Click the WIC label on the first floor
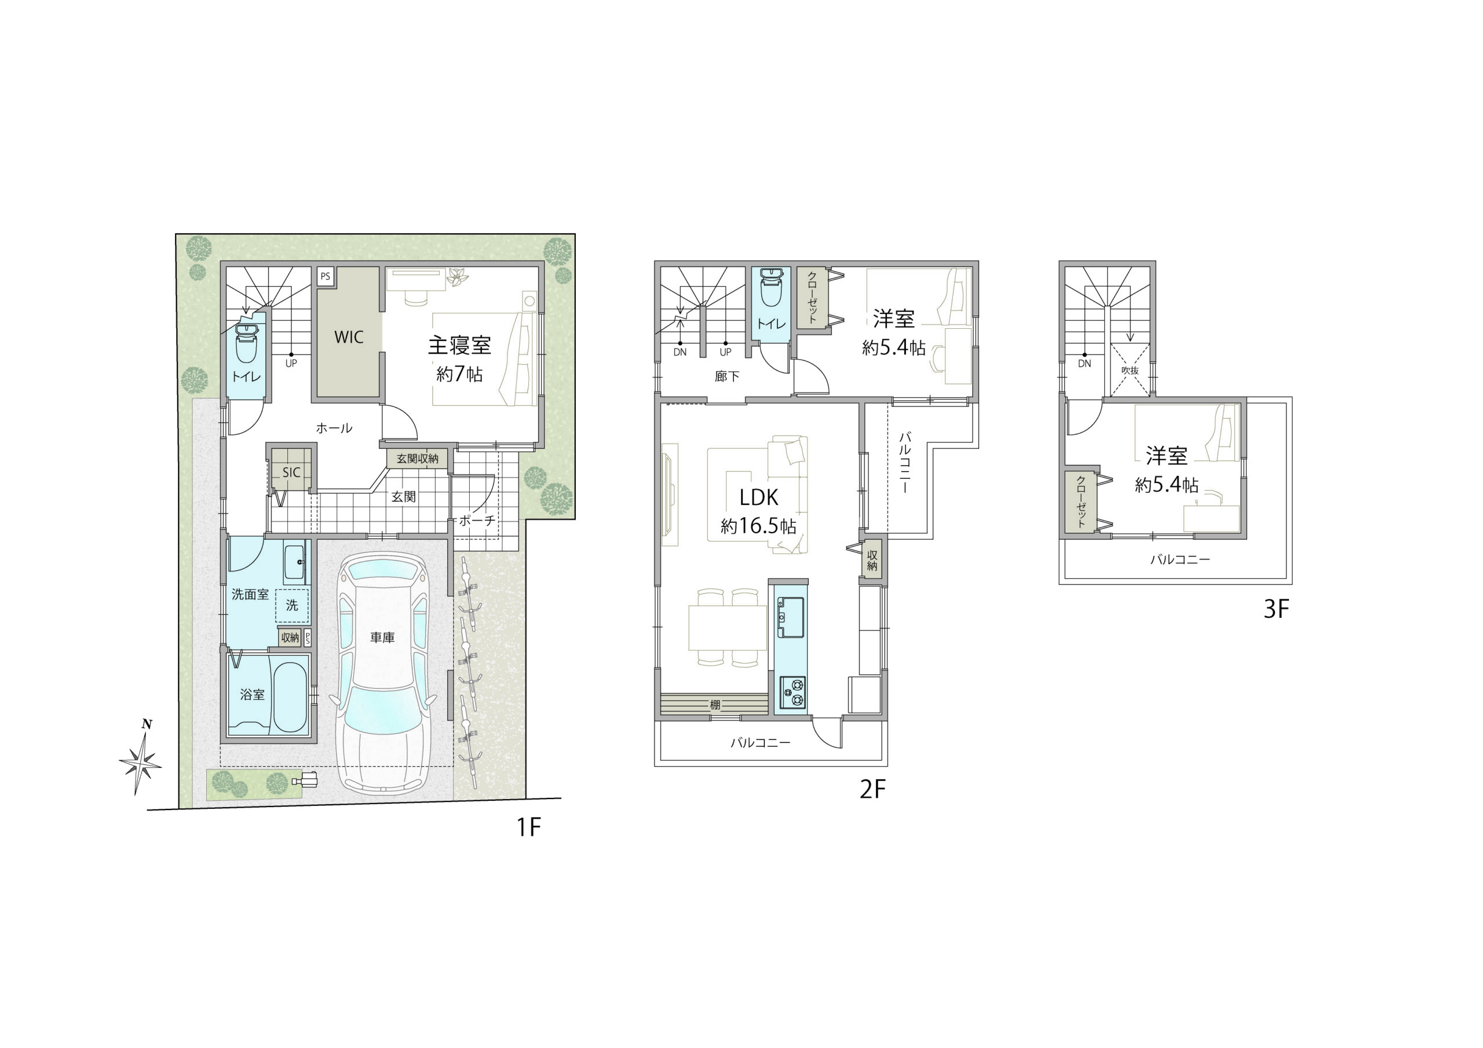349,336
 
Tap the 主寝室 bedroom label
459,346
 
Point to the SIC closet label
291,472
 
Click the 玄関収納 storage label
417,459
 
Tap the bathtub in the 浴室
290,696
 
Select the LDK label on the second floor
759,497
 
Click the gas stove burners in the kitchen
792,694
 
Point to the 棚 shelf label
715,705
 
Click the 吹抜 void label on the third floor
1130,371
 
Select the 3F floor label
1276,609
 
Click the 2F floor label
872,789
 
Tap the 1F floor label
528,827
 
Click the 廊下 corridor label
726,376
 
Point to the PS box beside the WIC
325,276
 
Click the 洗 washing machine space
292,605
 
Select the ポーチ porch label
477,520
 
